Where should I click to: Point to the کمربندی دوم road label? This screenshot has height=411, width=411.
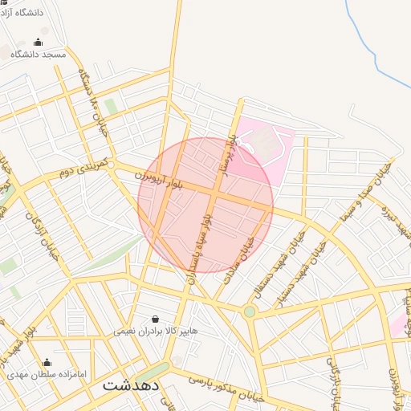click(x=84, y=170)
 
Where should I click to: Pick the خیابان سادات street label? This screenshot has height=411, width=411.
click(x=241, y=244)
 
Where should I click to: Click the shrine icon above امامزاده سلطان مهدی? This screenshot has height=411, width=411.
click(x=47, y=362)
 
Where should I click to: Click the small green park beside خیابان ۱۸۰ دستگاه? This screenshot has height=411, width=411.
click(x=110, y=106)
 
